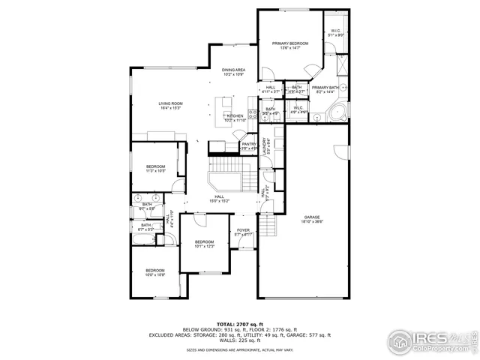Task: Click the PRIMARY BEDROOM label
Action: [x=289, y=46]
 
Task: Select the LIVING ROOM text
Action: [x=170, y=106]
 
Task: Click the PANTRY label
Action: [x=249, y=146]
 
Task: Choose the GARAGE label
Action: [x=312, y=218]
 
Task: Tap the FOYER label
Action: [x=243, y=232]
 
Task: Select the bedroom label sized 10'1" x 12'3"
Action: [x=205, y=244]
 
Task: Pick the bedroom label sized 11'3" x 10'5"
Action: [x=155, y=168]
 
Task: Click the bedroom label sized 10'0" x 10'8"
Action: [x=155, y=272]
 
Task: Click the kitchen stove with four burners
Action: [x=253, y=115]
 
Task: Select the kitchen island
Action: [x=224, y=104]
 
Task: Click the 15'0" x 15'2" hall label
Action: [x=219, y=199]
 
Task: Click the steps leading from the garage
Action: [x=268, y=224]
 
